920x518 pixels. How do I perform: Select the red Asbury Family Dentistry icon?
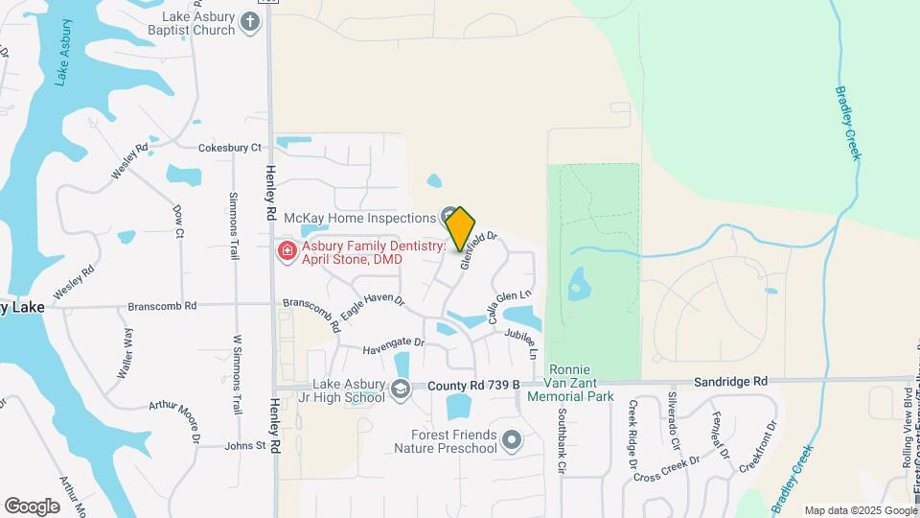[286, 251]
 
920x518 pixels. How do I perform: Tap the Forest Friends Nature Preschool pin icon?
[511, 440]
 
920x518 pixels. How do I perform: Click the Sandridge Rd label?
[731, 381]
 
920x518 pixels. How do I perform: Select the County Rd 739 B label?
[473, 385]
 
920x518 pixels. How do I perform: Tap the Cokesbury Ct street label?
[229, 148]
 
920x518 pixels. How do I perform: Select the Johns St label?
[244, 445]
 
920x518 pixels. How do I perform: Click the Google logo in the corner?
[32, 506]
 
